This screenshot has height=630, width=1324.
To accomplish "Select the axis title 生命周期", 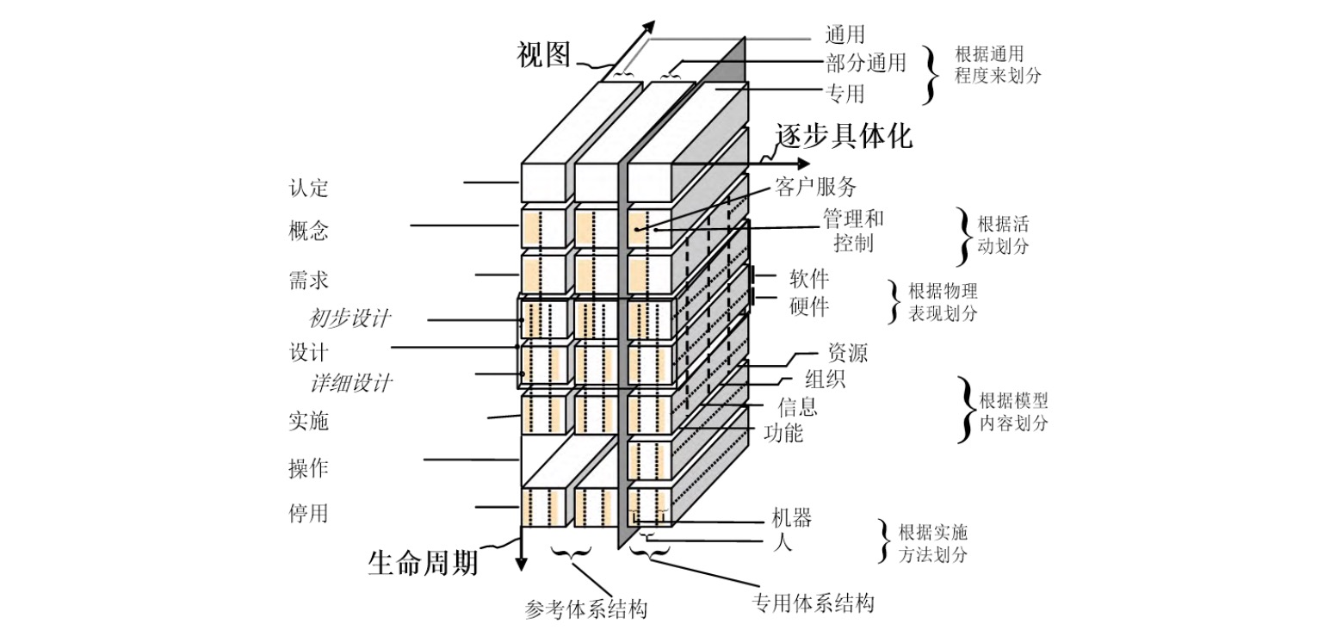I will coord(422,563).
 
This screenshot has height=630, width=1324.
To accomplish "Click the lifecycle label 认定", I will coord(308,188).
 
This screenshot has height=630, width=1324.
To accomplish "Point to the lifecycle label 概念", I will coord(308,232).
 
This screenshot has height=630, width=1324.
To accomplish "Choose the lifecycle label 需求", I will coord(308,281).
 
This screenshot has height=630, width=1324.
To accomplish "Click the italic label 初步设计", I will coord(350,319).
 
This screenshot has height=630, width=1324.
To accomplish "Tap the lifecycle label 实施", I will coord(308,422).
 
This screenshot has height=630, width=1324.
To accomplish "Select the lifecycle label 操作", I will coord(308,468).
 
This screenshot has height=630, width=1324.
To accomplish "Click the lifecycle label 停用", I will coord(308,514).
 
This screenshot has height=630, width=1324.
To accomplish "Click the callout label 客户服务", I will coord(816,187).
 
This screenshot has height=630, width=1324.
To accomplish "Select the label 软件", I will coord(808,279).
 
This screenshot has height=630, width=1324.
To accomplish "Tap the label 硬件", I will coord(808,306).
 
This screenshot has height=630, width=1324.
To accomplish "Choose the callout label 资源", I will coord(847,352).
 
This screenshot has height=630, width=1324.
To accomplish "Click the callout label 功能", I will coord(783,432).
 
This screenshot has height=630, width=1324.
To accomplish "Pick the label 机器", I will coord(793,518).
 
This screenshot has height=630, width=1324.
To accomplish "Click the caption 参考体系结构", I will coord(585,609).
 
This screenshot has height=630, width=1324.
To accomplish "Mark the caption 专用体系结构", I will coord(813,602).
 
